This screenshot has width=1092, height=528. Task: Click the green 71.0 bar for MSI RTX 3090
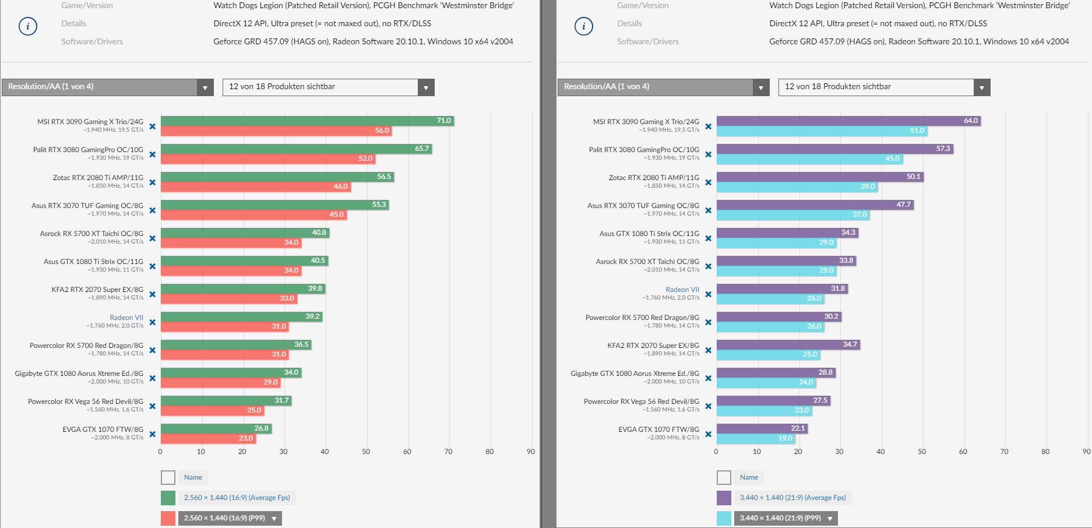(x=307, y=121)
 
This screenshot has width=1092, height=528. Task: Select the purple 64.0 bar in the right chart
(x=848, y=121)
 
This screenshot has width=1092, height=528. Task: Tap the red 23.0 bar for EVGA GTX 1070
(x=208, y=438)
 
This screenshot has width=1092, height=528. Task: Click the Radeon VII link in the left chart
(x=126, y=318)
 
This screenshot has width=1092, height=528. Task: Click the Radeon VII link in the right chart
(x=682, y=290)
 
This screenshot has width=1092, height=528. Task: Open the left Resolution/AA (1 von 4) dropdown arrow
(x=205, y=87)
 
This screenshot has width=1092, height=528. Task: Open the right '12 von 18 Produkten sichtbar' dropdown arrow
(x=981, y=87)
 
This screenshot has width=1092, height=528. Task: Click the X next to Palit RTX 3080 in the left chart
(x=153, y=154)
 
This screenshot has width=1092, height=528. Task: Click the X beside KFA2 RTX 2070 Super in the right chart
(x=709, y=350)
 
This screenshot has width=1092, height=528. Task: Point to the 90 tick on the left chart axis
(x=530, y=452)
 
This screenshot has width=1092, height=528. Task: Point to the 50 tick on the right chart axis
(x=922, y=452)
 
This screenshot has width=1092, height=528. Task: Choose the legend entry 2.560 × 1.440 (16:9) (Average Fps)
(x=237, y=498)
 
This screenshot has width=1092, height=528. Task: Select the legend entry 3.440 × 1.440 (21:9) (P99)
(x=780, y=518)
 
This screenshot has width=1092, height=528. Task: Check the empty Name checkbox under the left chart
(x=168, y=478)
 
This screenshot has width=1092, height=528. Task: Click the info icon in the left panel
(x=28, y=26)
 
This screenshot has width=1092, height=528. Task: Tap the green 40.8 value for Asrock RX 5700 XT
(x=319, y=233)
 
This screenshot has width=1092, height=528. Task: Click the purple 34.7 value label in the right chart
(x=850, y=344)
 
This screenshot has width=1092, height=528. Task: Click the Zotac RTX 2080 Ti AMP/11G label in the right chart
(x=654, y=178)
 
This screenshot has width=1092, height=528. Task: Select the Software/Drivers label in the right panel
(x=648, y=41)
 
